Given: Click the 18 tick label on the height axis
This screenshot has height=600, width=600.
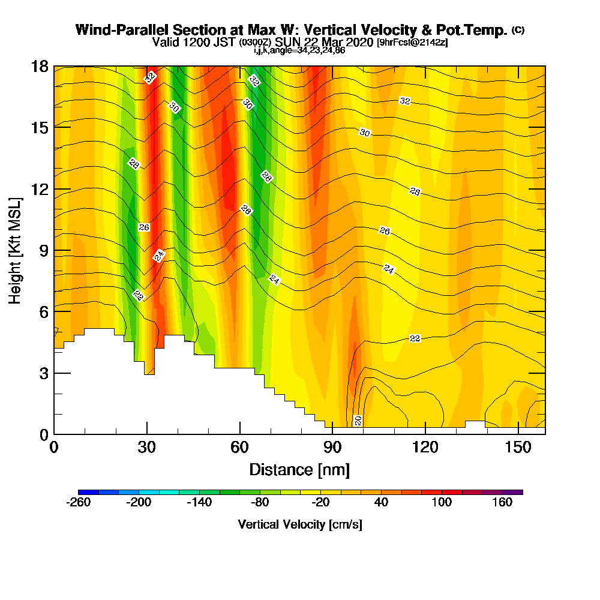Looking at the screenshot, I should tap(39, 66).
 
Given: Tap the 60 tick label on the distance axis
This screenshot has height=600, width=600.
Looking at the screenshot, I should tap(239, 448).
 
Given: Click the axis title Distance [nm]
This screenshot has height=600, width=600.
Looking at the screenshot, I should tap(299, 469).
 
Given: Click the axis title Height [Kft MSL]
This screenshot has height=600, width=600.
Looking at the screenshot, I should tap(15, 250).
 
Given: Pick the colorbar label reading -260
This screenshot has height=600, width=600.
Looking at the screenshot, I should tap(78, 503).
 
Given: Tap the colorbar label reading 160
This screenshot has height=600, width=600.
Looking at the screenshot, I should tap(503, 503).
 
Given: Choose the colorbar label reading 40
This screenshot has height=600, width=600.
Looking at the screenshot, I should tap(382, 503).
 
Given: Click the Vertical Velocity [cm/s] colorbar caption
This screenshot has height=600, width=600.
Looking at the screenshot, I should tap(300, 524).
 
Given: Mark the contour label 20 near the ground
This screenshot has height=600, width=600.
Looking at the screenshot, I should tap(358, 421).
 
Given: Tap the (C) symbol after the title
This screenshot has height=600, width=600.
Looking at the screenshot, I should tap(518, 29).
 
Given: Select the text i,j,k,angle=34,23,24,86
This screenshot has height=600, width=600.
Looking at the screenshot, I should tap(299, 50).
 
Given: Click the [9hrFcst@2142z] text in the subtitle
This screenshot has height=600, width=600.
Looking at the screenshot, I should tap(412, 43).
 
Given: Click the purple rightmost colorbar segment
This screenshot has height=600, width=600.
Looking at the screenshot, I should tap(517, 492).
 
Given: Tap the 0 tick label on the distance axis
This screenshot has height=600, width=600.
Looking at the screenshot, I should tap(54, 448).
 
